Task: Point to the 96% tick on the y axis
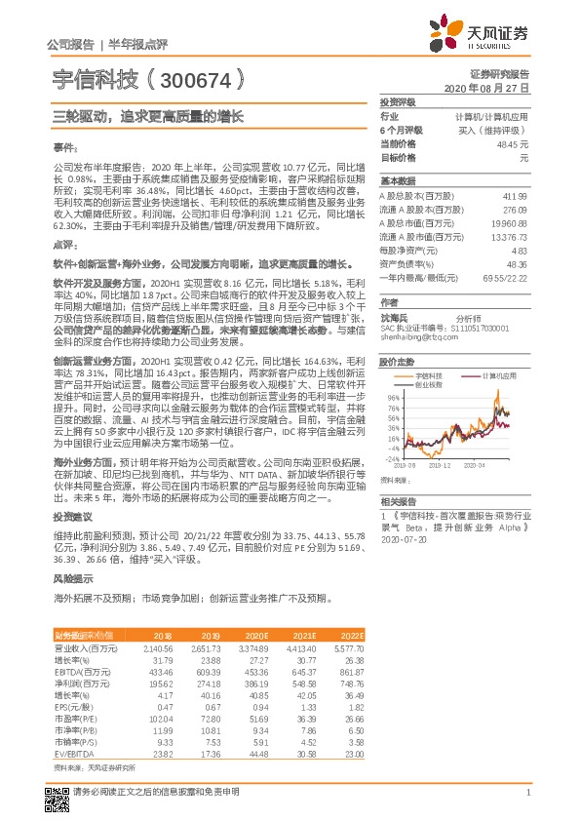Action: (x=392, y=399)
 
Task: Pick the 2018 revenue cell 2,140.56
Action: (x=158, y=647)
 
